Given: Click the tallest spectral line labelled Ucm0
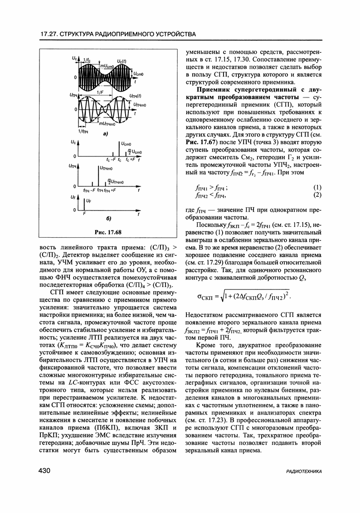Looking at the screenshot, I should tap(119, 150).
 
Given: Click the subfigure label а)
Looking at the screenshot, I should tap(105, 134).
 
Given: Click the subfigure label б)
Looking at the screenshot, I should tap(109, 219).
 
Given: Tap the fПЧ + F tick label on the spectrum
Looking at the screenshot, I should tap(110, 190).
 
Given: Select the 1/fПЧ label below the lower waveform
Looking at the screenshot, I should tap(83, 131).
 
